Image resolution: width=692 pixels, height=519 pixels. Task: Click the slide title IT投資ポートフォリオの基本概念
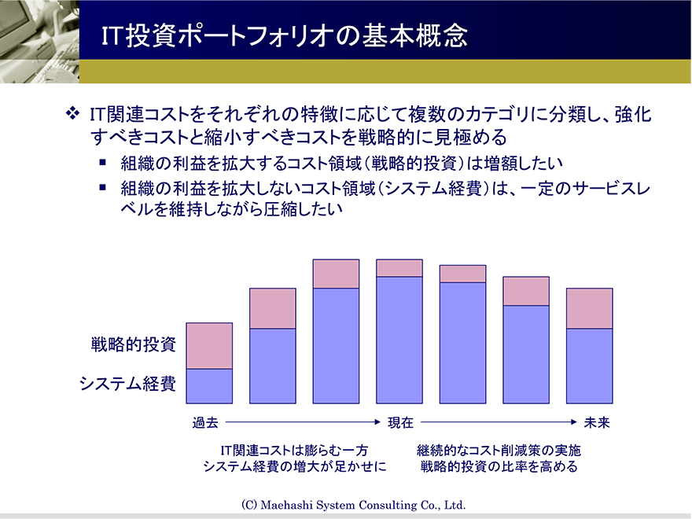pos(284,35)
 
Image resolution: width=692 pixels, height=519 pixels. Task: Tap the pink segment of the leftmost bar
pos(209,346)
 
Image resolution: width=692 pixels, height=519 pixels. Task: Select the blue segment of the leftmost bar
pos(209,386)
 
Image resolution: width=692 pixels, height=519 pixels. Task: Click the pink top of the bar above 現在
pos(399,268)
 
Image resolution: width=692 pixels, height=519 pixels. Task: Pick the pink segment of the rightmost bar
pos(590,308)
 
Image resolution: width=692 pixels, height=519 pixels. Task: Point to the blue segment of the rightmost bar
pos(590,366)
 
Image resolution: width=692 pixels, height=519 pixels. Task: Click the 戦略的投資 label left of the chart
pos(133,344)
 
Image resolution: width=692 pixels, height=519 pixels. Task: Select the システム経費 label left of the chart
pos(128,383)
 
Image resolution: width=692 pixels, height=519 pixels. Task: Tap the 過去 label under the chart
pos(205,423)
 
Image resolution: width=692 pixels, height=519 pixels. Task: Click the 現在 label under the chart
pos(401,423)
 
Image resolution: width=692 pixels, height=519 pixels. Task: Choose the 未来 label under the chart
pos(597,423)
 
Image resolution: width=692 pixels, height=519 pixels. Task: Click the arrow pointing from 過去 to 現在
pos(304,422)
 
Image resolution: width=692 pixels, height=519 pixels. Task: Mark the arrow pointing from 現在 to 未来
pos(499,422)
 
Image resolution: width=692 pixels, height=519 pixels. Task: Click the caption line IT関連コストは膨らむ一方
pos(294,451)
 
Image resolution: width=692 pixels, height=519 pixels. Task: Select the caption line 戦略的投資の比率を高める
pos(499,466)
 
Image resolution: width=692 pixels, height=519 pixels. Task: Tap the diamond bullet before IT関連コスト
pos(73,113)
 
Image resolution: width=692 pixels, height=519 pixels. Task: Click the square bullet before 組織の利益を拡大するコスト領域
pos(103,163)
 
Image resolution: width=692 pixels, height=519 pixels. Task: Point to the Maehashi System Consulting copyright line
pos(354,505)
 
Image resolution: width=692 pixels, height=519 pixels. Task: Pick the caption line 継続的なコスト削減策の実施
pos(499,451)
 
